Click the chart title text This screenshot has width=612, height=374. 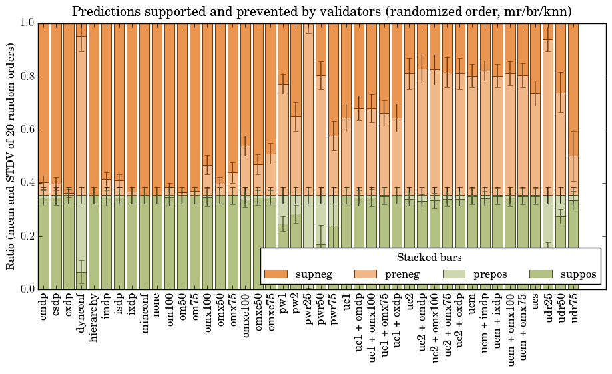[322, 11]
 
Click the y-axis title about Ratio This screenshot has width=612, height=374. [11, 156]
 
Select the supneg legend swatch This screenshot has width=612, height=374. [276, 274]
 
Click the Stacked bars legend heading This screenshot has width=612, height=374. [429, 257]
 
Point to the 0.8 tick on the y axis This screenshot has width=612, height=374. [26, 77]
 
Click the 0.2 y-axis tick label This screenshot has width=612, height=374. [26, 236]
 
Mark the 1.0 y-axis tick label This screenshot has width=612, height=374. [26, 23]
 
